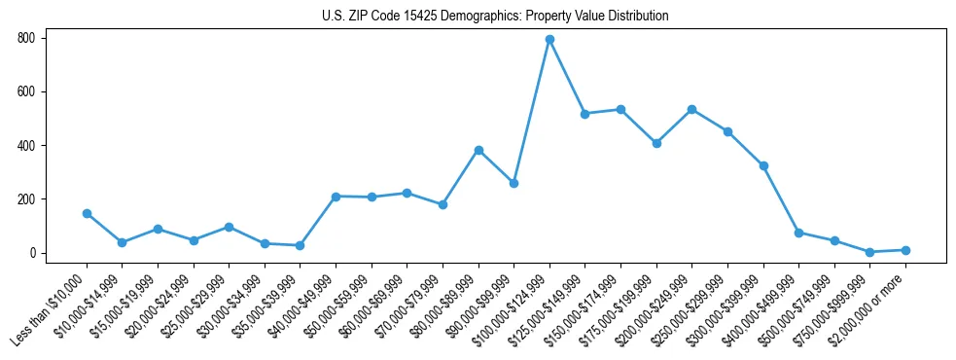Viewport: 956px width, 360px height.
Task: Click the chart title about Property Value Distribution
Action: [495, 16]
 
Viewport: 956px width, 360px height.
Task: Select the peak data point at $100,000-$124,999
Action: [549, 40]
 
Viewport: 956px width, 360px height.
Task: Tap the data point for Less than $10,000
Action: [87, 213]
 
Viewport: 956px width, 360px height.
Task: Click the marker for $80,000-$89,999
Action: [478, 150]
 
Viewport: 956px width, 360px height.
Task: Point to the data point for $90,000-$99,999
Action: [513, 183]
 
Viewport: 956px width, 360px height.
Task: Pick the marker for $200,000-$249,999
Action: [691, 109]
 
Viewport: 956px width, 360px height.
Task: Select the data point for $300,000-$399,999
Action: [763, 165]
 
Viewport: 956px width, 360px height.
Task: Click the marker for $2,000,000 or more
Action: [905, 250]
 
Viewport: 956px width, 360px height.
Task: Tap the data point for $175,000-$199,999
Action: [656, 143]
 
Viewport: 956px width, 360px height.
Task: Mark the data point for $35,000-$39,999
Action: [300, 245]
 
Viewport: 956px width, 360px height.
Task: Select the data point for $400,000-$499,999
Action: [798, 233]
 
